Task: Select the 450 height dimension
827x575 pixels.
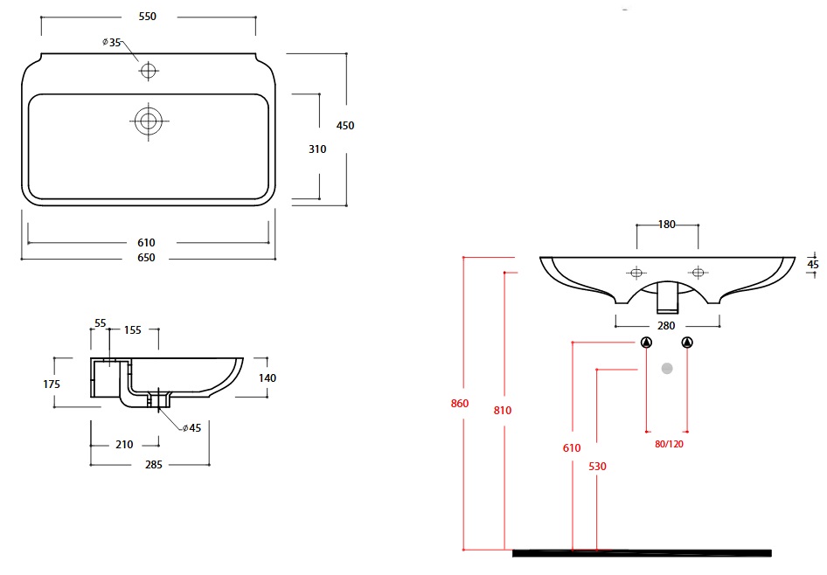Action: tap(345, 126)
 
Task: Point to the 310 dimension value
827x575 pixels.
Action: tap(317, 149)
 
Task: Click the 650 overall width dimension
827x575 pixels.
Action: tap(146, 258)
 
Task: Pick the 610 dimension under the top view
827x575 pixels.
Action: tap(146, 242)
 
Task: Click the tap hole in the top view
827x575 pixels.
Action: tap(148, 70)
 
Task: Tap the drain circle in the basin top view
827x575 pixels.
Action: tap(148, 121)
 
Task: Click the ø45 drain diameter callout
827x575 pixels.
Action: tap(191, 428)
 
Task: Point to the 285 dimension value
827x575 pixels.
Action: tap(153, 465)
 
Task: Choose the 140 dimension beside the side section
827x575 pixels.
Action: tap(268, 378)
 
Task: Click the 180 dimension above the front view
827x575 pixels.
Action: tap(666, 225)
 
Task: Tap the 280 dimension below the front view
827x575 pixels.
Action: tap(666, 326)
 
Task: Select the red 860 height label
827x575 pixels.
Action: tap(460, 404)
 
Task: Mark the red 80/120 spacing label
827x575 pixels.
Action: tap(669, 444)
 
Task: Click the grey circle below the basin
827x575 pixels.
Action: tap(667, 368)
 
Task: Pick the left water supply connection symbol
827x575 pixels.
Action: tap(646, 343)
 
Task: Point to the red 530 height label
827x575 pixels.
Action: tap(597, 467)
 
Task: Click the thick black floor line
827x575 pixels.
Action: tap(642, 552)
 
